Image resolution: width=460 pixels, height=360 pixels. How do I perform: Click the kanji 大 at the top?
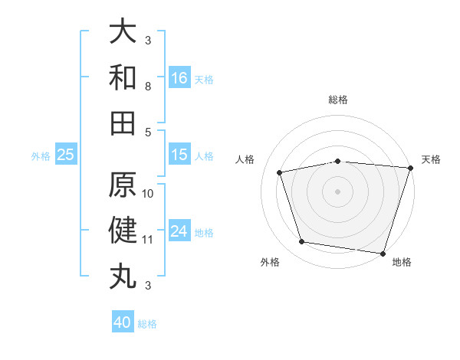coord(123,31)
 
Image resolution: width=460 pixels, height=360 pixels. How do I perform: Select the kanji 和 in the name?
coord(123,77)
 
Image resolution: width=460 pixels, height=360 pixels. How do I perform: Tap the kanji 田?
coord(123,123)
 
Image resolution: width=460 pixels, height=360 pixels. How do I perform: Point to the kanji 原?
coord(123,185)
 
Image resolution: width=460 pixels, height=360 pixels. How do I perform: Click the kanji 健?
coord(123,231)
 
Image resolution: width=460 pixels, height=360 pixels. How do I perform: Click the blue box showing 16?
coord(179,78)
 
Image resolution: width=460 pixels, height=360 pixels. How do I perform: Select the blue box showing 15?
coord(179,155)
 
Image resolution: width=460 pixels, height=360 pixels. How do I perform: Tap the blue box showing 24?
coord(179,232)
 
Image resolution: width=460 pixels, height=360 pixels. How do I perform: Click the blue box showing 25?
coord(66,155)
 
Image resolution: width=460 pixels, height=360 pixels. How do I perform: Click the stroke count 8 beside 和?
coord(148,87)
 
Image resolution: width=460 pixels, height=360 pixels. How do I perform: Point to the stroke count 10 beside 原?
coord(148,193)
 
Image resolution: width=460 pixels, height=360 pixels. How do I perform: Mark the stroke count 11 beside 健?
coord(148,240)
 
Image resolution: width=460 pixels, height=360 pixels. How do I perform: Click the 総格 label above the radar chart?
coord(338,100)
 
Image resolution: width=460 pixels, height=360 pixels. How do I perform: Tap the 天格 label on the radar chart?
coord(431,159)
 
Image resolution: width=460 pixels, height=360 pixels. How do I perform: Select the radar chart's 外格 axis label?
coord(270,262)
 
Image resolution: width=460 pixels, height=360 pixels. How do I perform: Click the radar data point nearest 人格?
coord(280,172)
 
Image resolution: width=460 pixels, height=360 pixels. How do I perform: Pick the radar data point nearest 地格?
coord(383,253)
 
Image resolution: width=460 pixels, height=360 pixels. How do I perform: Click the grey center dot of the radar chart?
coord(338,191)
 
